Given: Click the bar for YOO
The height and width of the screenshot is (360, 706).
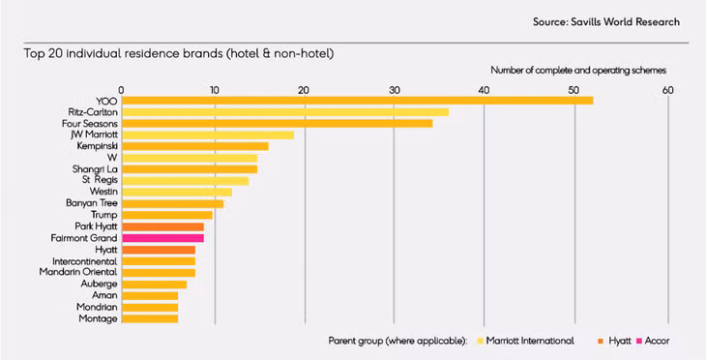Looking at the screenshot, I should [357, 101].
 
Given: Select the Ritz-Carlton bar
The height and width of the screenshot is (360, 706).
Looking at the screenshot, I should [284, 112].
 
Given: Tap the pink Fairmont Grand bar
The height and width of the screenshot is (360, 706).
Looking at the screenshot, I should [162, 238].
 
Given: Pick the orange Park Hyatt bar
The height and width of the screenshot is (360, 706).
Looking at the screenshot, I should [162, 226].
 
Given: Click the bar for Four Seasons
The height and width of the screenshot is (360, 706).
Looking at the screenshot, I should [277, 124].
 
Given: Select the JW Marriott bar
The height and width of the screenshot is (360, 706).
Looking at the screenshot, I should [207, 135].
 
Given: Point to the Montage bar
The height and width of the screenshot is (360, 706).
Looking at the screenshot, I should [150, 318].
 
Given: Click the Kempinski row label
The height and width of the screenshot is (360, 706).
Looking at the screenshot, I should [97, 146].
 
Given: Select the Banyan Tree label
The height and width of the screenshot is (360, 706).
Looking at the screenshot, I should [93, 203].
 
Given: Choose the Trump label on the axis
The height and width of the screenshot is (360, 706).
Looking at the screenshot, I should [103, 215].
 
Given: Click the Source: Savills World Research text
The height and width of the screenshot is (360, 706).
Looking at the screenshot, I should [605, 21].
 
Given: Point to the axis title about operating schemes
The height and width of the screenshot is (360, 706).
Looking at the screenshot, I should [578, 71].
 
